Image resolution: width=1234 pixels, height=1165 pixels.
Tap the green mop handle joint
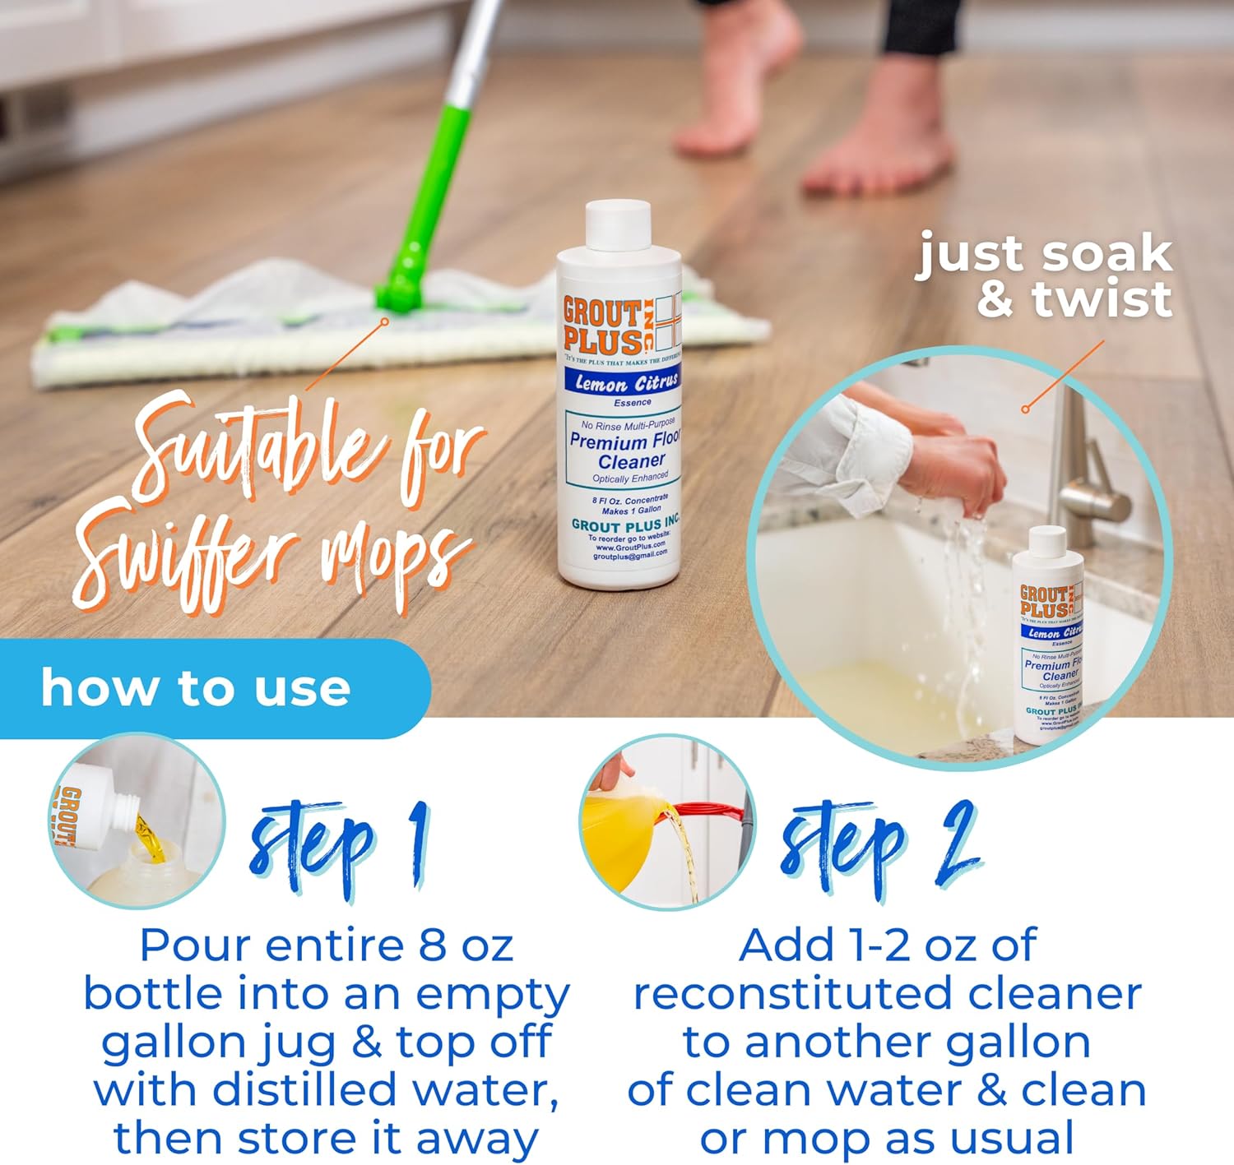[401, 288]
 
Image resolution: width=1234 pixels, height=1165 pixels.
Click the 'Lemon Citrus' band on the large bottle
[626, 382]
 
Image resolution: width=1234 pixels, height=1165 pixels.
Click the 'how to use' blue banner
[197, 687]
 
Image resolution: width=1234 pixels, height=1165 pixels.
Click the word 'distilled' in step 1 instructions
[305, 1091]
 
